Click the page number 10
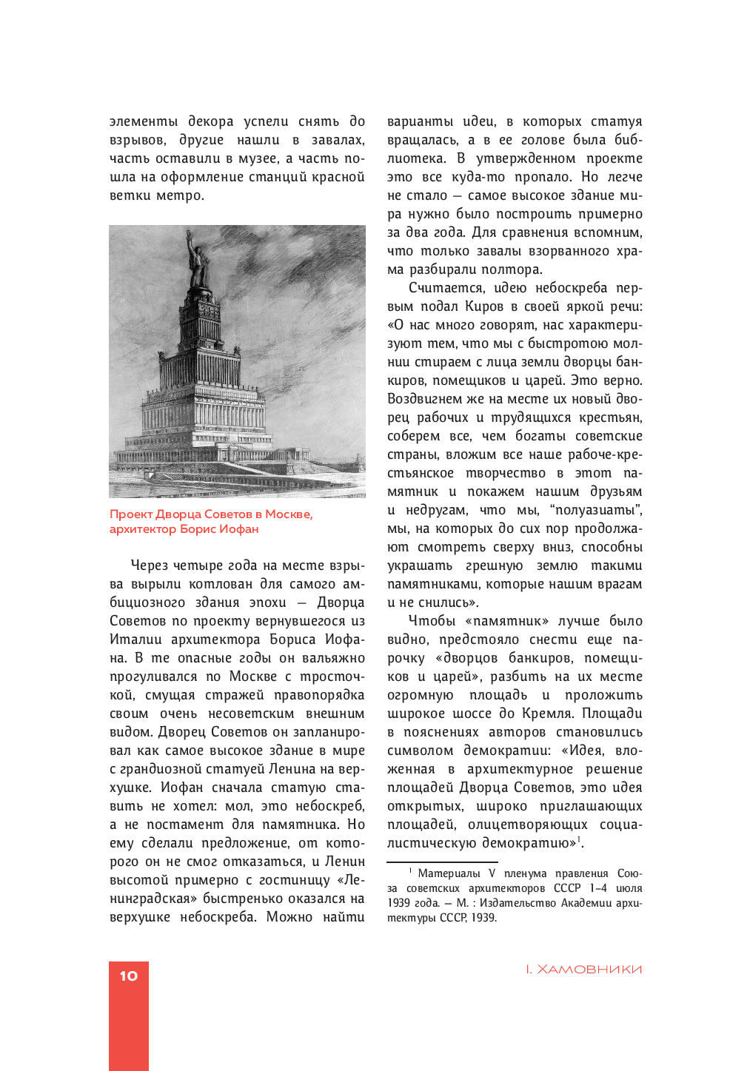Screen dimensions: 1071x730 tap(129, 976)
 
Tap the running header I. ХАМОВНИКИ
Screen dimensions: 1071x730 tap(583, 970)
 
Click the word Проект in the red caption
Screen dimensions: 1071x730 tap(131, 514)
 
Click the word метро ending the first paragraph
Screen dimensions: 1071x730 tap(180, 195)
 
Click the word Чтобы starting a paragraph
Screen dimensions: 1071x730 tap(432, 621)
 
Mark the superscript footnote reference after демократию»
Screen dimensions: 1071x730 tap(579, 839)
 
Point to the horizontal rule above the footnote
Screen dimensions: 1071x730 tap(442, 862)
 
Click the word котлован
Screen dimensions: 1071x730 tap(217, 584)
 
